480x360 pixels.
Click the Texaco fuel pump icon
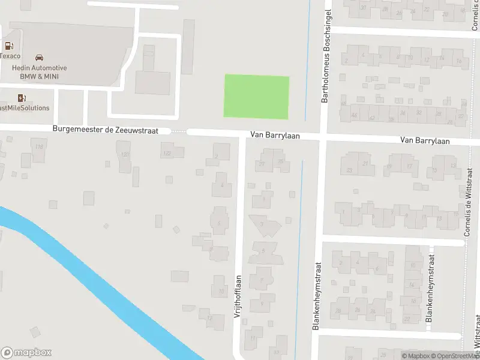pos(8,46)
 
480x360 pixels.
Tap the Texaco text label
pos(10,56)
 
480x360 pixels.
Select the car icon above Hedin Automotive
pos(39,58)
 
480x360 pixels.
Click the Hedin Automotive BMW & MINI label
pos(40,72)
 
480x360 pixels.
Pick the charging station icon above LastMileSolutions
pos(22,98)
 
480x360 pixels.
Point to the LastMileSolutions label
pos(25,108)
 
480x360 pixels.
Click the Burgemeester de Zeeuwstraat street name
pos(105,129)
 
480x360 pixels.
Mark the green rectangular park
pos(256,97)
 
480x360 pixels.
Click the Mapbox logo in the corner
pos(26,353)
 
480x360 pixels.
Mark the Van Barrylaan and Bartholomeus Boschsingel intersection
pos(323,138)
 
